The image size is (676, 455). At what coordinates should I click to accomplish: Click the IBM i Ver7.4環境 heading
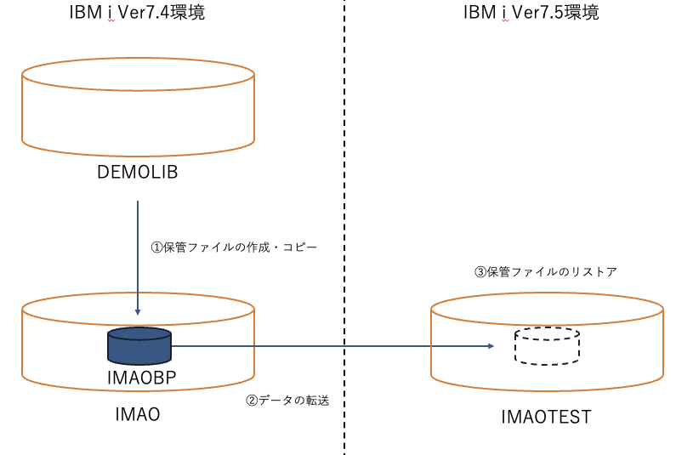click(138, 13)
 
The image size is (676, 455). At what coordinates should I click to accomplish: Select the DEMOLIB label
click(138, 172)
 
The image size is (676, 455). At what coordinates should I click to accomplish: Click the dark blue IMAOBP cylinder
click(139, 345)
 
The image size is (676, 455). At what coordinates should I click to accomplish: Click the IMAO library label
click(138, 415)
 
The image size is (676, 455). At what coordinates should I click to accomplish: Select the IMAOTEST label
click(545, 417)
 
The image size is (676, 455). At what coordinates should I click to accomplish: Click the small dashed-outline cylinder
click(548, 346)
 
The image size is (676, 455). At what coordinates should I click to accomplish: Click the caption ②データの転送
click(293, 400)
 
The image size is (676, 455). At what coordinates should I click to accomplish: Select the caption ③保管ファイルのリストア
click(545, 272)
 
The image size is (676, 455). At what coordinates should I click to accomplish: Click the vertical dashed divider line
click(344, 230)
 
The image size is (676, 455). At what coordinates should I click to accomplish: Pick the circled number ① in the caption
click(156, 247)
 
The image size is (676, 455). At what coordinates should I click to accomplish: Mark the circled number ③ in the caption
click(480, 272)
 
